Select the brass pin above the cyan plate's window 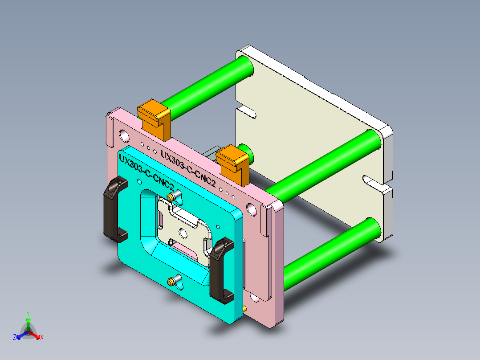pos(171,197)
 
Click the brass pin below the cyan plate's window pos(171,281)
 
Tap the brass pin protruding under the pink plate pos(245,308)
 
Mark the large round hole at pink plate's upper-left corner pos(123,134)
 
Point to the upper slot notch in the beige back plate pos(245,110)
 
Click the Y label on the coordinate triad pos(28,313)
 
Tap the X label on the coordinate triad pos(41,338)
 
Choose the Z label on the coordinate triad pos(15,338)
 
